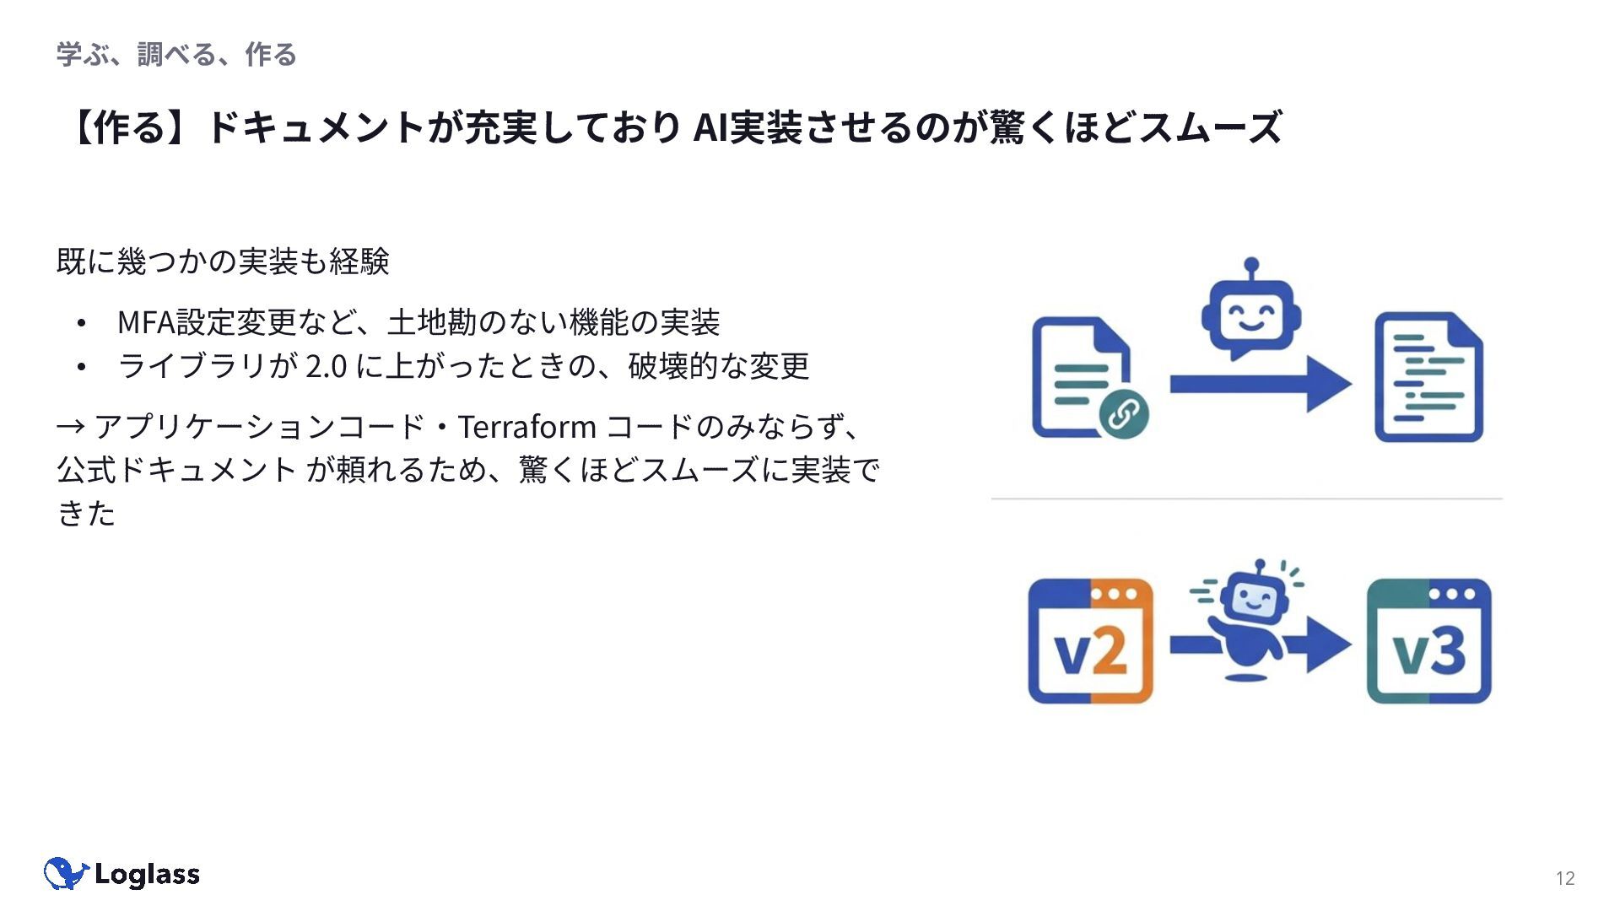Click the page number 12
click(1565, 879)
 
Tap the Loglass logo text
click(147, 875)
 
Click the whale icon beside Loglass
click(65, 874)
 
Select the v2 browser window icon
click(1090, 641)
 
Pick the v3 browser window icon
click(1428, 641)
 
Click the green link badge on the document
click(1123, 413)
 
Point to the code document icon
click(1428, 377)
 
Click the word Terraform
click(527, 427)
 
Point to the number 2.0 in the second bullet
click(326, 366)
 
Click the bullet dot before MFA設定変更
click(81, 323)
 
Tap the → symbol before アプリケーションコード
click(70, 427)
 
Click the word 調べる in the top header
click(177, 55)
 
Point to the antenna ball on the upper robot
click(1251, 264)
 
